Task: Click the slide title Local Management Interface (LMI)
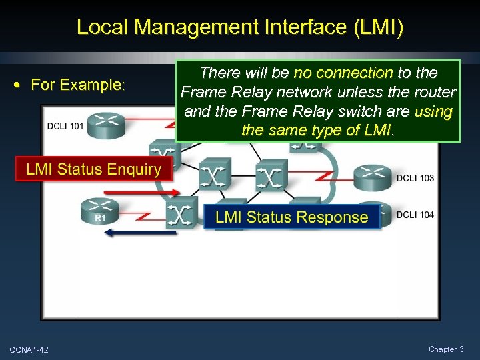(x=240, y=27)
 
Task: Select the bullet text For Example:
(x=78, y=85)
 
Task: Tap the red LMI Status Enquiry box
(x=93, y=169)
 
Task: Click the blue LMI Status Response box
(x=291, y=217)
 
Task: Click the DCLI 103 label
(x=415, y=178)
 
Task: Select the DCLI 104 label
(x=415, y=215)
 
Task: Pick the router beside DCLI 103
(x=373, y=176)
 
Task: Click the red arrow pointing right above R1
(x=142, y=192)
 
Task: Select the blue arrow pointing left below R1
(x=142, y=233)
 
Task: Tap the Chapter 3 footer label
(x=446, y=349)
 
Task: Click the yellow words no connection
(x=343, y=72)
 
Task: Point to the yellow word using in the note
(x=433, y=111)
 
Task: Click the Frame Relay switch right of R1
(x=181, y=213)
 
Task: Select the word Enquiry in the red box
(x=132, y=169)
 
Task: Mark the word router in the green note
(x=434, y=91)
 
